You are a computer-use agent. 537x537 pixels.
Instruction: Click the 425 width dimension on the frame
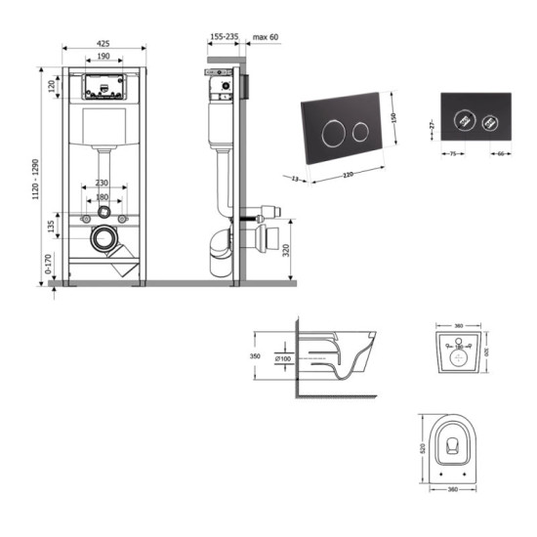coord(103,43)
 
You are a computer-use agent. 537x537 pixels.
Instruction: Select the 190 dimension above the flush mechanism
coord(103,57)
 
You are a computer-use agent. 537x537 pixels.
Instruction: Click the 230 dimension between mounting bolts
coord(103,184)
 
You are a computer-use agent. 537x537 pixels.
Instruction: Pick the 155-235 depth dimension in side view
coord(224,37)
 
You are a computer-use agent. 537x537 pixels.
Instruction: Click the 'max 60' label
coord(265,37)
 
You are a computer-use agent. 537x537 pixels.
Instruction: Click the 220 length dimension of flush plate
coord(347,176)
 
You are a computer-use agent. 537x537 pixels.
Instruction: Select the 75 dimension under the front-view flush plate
coord(452,153)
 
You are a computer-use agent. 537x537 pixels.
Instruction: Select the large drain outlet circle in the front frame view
coord(102,237)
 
